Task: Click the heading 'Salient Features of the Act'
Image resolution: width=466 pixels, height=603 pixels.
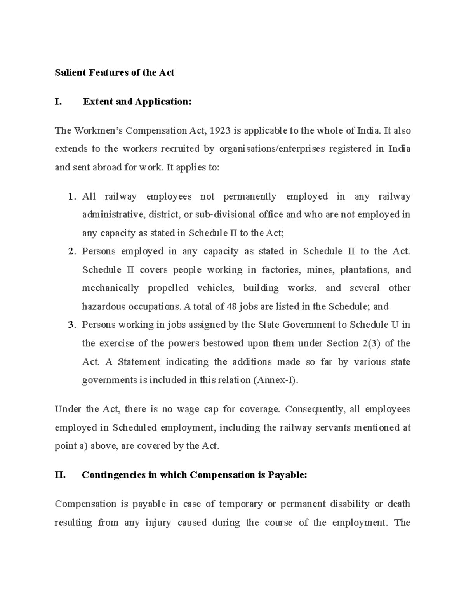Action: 114,73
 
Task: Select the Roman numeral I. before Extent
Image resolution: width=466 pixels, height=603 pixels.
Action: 58,102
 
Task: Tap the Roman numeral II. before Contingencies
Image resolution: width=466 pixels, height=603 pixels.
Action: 60,475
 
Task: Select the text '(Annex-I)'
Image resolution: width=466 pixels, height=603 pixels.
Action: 276,380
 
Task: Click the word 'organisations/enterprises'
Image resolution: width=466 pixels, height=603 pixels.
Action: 272,149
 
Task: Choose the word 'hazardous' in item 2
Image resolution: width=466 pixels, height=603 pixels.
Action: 101,307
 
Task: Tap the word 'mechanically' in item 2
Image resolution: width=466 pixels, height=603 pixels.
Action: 110,288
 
